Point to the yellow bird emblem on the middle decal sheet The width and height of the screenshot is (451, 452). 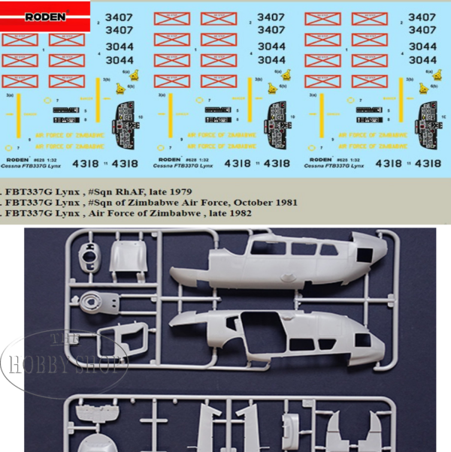[272, 89]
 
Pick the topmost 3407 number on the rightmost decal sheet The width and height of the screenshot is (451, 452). [421, 16]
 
